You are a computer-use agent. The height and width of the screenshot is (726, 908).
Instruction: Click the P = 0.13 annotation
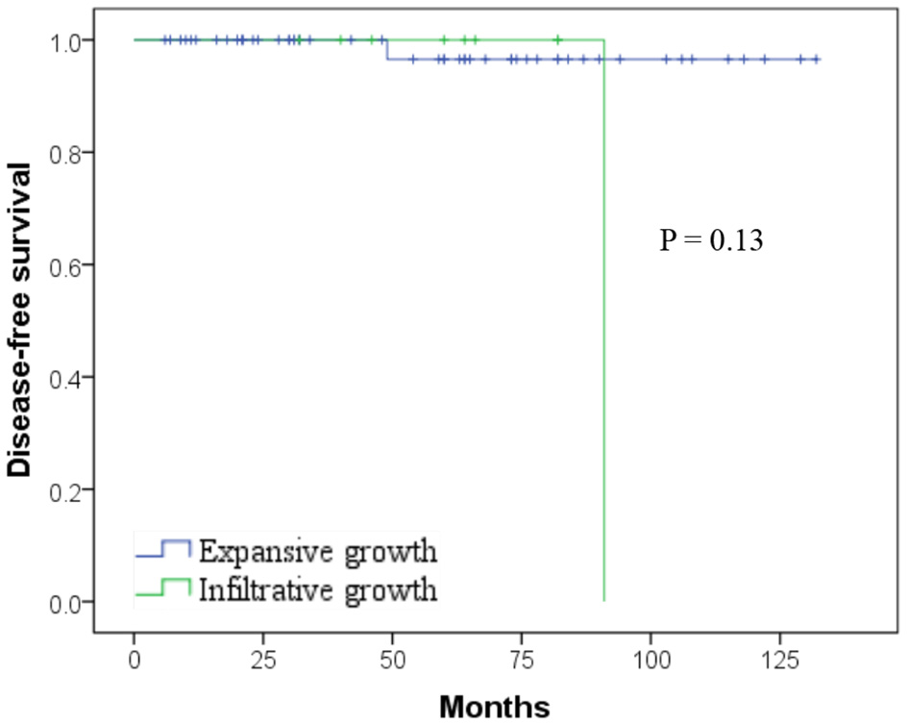[x=711, y=241]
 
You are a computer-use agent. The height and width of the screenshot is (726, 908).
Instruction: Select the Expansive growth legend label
[x=317, y=552]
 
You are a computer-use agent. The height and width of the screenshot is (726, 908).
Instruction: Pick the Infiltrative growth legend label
[x=317, y=588]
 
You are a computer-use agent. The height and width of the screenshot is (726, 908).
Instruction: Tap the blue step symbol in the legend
[x=163, y=550]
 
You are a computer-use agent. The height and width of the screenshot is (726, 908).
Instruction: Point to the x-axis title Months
[x=495, y=708]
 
